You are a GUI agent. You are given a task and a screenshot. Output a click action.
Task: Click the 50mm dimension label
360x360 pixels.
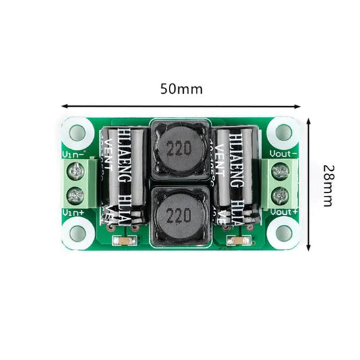tap(181, 88)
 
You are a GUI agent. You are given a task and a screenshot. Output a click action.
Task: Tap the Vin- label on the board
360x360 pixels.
tap(72, 153)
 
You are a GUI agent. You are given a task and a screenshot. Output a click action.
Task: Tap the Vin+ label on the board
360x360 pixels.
tap(72, 212)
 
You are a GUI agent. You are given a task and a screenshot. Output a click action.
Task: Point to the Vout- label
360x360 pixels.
tap(284, 153)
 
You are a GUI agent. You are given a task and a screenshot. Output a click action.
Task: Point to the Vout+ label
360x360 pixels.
tap(284, 212)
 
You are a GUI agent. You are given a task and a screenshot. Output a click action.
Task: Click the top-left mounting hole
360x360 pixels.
tap(77, 131)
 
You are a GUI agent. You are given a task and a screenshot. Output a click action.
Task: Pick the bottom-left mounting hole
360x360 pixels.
tap(77, 234)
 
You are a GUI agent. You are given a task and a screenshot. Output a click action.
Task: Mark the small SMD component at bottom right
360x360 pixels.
tap(235, 241)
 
